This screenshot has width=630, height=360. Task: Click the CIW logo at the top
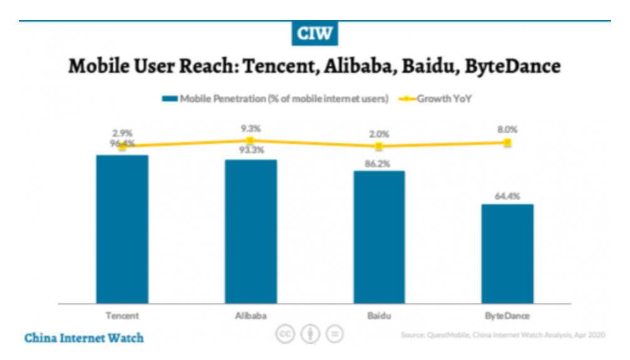pyautogui.click(x=315, y=33)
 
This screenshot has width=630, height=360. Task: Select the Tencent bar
pyautogui.click(x=122, y=229)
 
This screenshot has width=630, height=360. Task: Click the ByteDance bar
pyautogui.click(x=508, y=253)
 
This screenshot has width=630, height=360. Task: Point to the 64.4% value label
pyautogui.click(x=508, y=196)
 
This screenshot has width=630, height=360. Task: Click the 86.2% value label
pyautogui.click(x=379, y=163)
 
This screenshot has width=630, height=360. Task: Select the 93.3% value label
pyautogui.click(x=251, y=151)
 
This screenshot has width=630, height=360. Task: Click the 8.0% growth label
pyautogui.click(x=508, y=130)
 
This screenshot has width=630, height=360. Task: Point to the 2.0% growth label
pyautogui.click(x=379, y=134)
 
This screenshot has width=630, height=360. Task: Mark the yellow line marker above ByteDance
pyautogui.click(x=508, y=143)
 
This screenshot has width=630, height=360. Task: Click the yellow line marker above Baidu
pyautogui.click(x=379, y=147)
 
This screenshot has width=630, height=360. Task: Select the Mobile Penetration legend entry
pyautogui.click(x=276, y=98)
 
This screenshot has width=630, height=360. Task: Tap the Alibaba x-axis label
pyautogui.click(x=251, y=315)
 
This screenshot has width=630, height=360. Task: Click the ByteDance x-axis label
pyautogui.click(x=508, y=315)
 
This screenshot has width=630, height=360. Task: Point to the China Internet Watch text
pyautogui.click(x=84, y=338)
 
